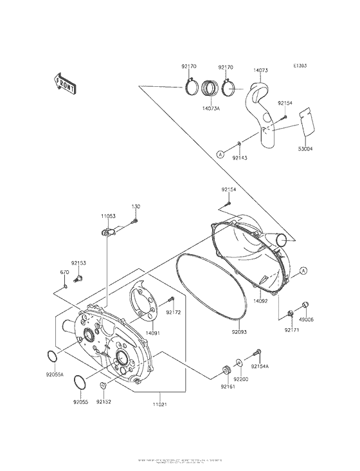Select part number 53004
pyautogui.click(x=305, y=149)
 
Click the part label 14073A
pyautogui.click(x=210, y=109)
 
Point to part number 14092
pyautogui.click(x=260, y=300)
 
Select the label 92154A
pyautogui.click(x=260, y=366)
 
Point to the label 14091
pyautogui.click(x=152, y=333)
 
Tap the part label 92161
pyautogui.click(x=228, y=387)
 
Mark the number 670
pyautogui.click(x=64, y=272)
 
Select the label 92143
pyautogui.click(x=240, y=157)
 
